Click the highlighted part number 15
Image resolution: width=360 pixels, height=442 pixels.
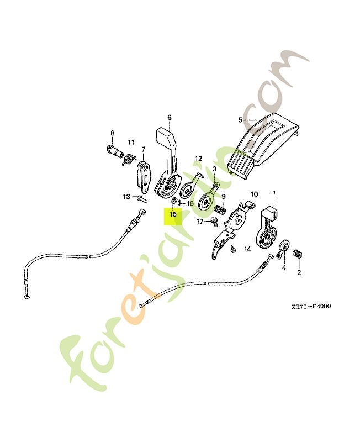pyautogui.click(x=173, y=214)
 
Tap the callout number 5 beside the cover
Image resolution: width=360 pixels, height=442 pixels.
pyautogui.click(x=240, y=120)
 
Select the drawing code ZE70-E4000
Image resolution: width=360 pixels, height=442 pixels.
pyautogui.click(x=311, y=306)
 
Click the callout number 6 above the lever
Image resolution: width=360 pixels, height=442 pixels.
pyautogui.click(x=170, y=117)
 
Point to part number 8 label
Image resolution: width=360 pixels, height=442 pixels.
pyautogui.click(x=113, y=133)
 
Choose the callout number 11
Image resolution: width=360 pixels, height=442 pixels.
pyautogui.click(x=131, y=143)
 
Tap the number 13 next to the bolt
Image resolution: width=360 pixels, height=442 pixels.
pyautogui.click(x=126, y=197)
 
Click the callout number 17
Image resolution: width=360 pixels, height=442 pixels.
pyautogui.click(x=200, y=222)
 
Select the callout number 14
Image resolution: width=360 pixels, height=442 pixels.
pyautogui.click(x=247, y=249)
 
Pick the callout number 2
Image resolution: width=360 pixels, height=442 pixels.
pyautogui.click(x=299, y=272)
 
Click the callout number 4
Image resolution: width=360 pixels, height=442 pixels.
pyautogui.click(x=284, y=267)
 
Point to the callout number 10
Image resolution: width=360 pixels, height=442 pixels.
pyautogui.click(x=254, y=194)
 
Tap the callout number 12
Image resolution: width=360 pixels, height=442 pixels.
pyautogui.click(x=199, y=159)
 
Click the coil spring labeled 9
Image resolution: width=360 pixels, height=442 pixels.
pyautogui.click(x=220, y=210)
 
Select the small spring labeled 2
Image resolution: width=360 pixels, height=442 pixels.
pyautogui.click(x=298, y=254)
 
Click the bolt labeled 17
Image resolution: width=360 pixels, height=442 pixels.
pyautogui.click(x=214, y=222)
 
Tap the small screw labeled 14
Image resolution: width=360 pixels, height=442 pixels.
pyautogui.click(x=232, y=249)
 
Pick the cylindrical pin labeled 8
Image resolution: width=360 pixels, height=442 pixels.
pyautogui.click(x=115, y=151)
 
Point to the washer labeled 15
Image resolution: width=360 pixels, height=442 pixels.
pyautogui.click(x=174, y=201)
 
